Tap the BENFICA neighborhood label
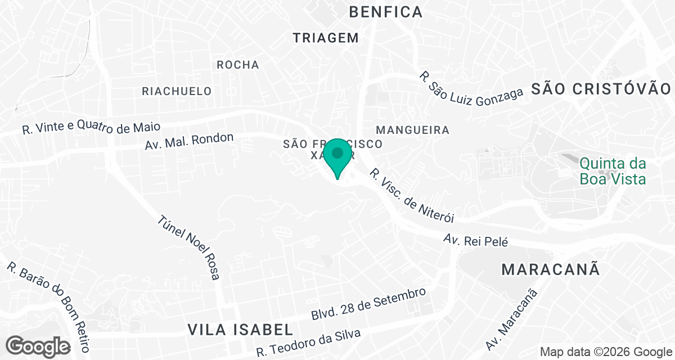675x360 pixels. point(385,12)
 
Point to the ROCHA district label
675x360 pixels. point(238,65)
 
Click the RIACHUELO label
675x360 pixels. point(177,91)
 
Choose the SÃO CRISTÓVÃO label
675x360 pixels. point(601,89)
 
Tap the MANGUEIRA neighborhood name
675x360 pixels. point(413,130)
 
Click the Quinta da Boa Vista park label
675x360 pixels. point(613,172)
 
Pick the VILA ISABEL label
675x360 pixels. point(240,329)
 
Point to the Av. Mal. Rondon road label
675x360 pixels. point(189,141)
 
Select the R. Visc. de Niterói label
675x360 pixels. point(411,196)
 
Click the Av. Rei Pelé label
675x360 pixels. point(475,241)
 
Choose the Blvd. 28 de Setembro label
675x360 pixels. point(368,305)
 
